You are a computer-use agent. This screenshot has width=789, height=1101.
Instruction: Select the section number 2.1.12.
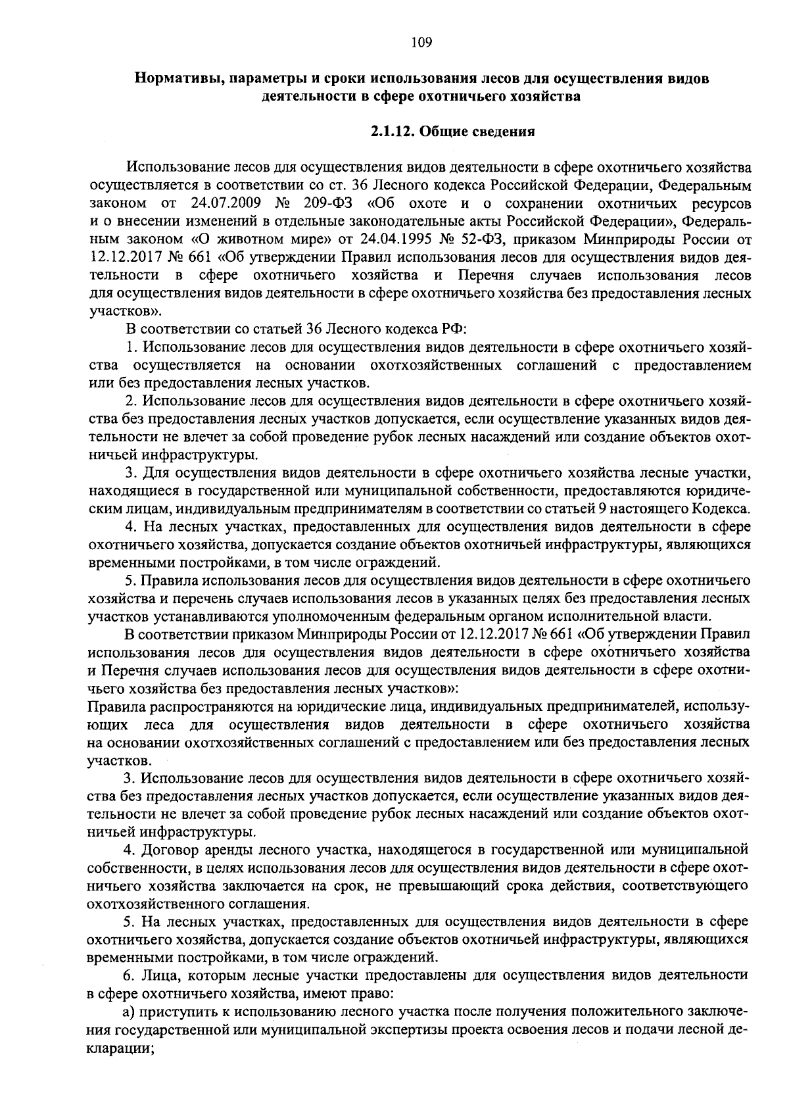pyautogui.click(x=392, y=132)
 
